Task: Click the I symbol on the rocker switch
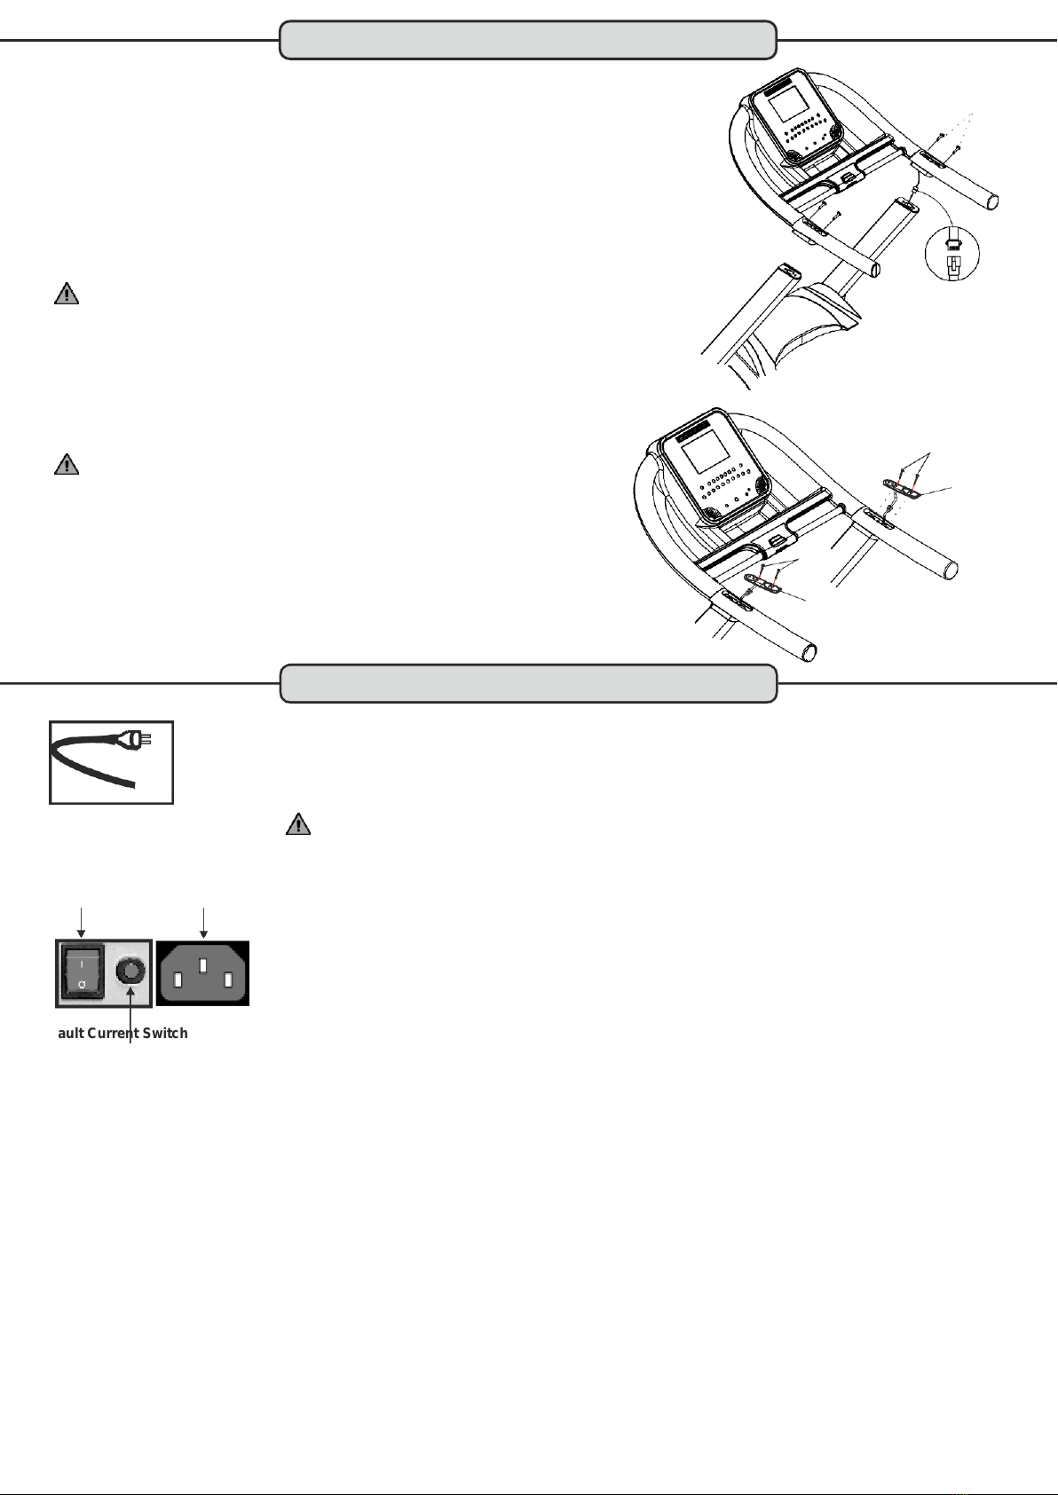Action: [81, 965]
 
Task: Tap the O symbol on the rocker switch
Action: [82, 985]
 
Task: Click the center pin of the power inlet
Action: [203, 965]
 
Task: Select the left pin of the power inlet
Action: [178, 980]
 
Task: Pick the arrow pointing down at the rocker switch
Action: [82, 923]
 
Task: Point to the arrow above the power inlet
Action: [203, 923]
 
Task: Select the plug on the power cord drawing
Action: [138, 739]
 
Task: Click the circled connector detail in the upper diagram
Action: [952, 254]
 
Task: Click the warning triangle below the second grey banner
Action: [298, 824]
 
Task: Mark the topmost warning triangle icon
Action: [67, 295]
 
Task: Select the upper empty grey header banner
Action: [528, 40]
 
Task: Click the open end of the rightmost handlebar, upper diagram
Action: [992, 201]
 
